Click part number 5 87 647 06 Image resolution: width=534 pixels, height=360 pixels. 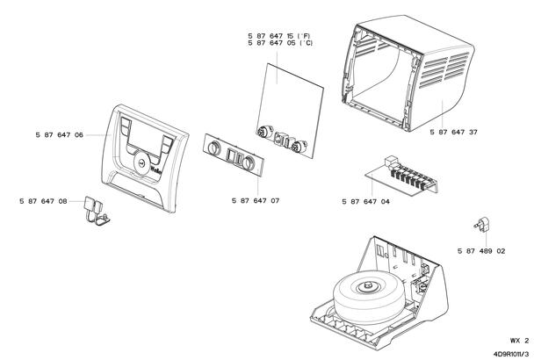point(60,135)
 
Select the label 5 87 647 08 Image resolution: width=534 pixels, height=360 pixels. point(43,201)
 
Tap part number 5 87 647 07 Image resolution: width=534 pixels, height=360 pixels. point(256,201)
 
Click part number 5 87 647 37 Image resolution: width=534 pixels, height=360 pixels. point(454,132)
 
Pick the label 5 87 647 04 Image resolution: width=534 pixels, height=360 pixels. point(366,201)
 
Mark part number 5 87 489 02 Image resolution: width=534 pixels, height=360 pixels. point(480,250)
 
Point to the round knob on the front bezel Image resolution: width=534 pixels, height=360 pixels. point(141,162)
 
